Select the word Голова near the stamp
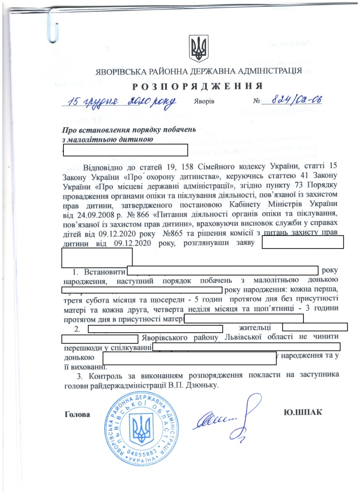pos(76,414)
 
